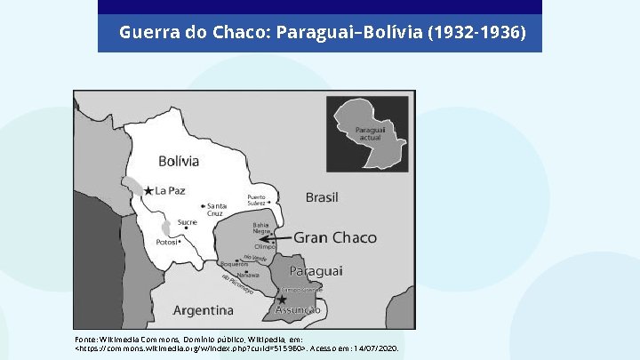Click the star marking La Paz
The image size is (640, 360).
[148, 190]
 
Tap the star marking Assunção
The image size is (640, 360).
[281, 300]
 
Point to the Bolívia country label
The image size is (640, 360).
[179, 161]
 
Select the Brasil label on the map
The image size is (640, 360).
[322, 196]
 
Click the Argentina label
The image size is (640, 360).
[203, 310]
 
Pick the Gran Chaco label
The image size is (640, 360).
[335, 237]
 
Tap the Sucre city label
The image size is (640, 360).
[187, 222]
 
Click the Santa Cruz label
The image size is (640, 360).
[218, 210]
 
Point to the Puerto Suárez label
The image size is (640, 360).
[256, 199]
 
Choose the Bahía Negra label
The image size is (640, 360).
[261, 228]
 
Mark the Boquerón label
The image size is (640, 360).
[233, 264]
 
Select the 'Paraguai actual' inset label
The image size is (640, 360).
[369, 134]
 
